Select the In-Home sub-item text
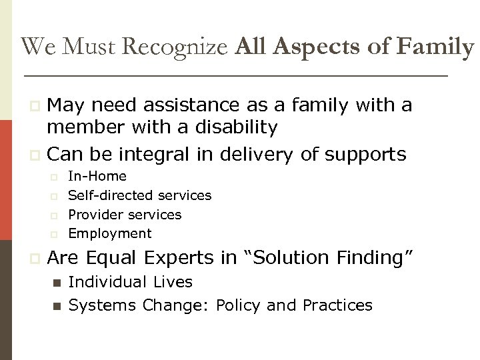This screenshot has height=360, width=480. coord(97,177)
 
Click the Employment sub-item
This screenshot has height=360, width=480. coord(110,233)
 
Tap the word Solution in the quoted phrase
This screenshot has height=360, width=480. coord(294,257)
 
